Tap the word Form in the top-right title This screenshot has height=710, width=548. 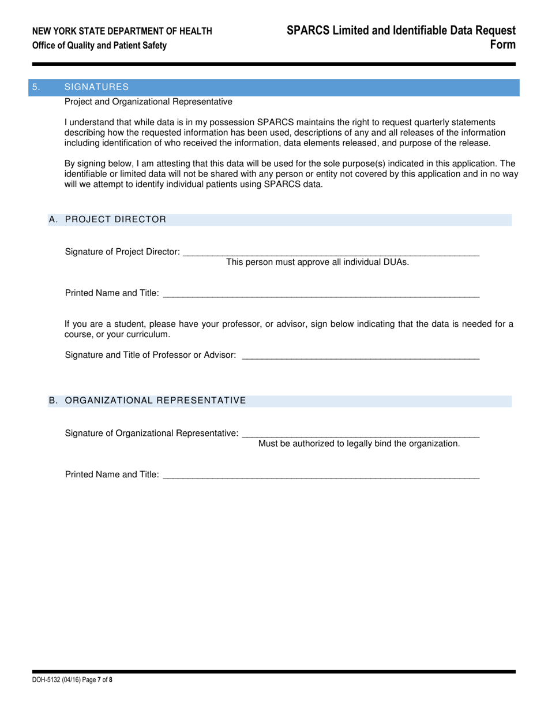coord(502,45)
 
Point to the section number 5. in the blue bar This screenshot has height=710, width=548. coord(36,87)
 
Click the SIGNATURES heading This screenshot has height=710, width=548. coord(96,87)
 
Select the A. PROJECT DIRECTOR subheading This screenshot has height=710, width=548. coord(107,219)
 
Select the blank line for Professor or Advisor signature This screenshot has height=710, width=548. coord(361,356)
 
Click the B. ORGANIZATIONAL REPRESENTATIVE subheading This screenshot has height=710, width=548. coord(147,401)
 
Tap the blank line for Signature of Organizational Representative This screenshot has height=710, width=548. coord(361,434)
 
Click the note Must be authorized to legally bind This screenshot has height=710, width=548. coord(359,443)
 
